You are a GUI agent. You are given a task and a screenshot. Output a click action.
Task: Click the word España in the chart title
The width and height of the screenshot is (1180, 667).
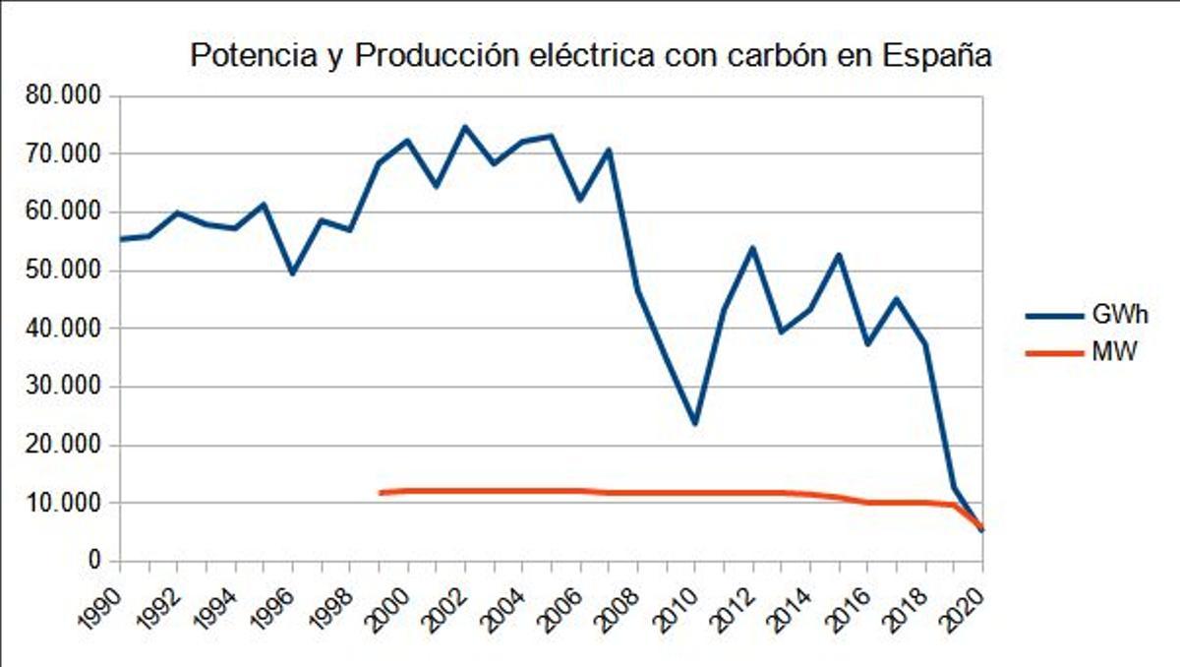point(936,57)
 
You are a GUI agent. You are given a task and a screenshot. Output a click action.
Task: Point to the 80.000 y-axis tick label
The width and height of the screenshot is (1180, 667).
point(68,96)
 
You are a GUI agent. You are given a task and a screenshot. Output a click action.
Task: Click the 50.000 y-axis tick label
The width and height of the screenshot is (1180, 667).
point(68,271)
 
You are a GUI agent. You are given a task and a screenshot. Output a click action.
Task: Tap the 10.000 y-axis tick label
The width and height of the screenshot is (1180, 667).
point(68,503)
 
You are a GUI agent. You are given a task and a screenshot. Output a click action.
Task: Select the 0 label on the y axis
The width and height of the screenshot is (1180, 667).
point(95,561)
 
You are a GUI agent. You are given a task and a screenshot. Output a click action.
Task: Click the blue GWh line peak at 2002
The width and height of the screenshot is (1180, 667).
point(464,127)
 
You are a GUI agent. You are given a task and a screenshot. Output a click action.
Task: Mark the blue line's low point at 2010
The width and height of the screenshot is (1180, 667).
point(694,423)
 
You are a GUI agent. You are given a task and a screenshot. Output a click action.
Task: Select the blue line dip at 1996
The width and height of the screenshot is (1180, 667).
point(292,273)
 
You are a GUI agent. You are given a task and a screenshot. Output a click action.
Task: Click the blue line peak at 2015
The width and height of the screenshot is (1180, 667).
point(839,255)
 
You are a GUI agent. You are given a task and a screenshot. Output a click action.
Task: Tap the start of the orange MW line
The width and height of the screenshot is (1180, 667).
point(380,492)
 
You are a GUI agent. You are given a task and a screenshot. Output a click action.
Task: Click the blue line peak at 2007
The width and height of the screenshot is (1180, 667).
point(609,151)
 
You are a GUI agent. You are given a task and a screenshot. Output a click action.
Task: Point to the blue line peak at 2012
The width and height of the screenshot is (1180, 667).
point(752,248)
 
